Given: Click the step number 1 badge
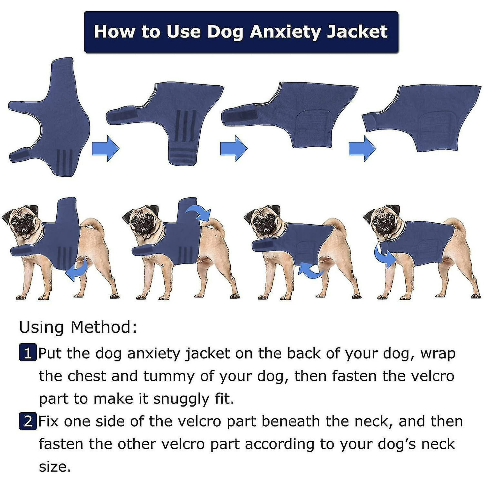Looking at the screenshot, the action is point(28,354).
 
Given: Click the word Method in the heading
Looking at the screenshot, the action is point(104,327).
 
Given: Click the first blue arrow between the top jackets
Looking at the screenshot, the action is point(106,148).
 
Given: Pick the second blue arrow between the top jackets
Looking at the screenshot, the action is point(234,148).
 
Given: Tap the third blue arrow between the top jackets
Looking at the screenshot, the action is point(362,148).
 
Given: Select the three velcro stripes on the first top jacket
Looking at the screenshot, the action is point(64,161).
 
